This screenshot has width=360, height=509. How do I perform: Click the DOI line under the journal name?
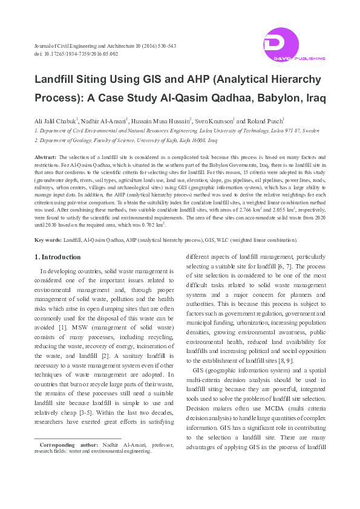click(x=76, y=54)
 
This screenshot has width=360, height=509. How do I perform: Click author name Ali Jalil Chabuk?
click(x=55, y=121)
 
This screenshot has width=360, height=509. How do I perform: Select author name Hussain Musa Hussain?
click(x=161, y=121)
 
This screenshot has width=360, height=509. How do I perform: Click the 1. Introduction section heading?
click(x=56, y=258)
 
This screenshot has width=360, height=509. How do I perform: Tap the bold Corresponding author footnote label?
click(x=68, y=444)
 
